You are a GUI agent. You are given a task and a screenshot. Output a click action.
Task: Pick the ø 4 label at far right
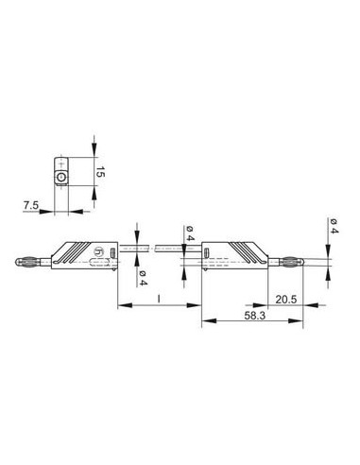click(x=335, y=225)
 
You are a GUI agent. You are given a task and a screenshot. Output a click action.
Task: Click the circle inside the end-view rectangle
click(x=61, y=177)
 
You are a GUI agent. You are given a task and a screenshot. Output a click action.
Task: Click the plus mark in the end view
click(x=61, y=163)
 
